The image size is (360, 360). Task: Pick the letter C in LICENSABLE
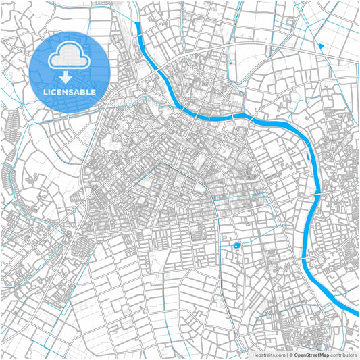(x=55, y=91)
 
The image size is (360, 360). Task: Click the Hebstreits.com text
(x=269, y=354)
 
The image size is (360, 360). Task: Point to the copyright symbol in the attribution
(x=290, y=354)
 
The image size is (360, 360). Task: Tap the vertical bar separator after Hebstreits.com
(x=286, y=354)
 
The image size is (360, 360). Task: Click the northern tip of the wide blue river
(x=137, y=26)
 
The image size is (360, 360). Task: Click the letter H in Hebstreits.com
(x=254, y=354)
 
